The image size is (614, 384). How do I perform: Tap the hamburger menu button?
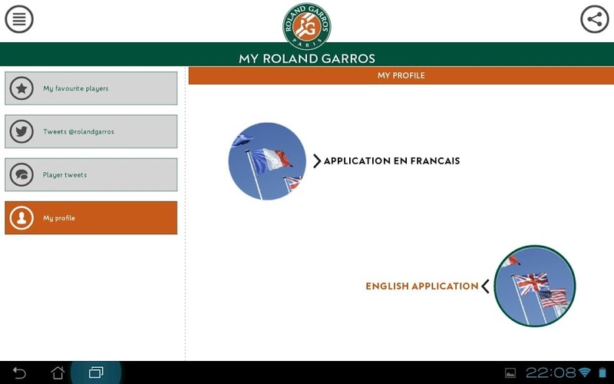(18, 18)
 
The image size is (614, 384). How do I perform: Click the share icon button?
(594, 18)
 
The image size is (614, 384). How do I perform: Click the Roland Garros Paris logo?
(306, 26)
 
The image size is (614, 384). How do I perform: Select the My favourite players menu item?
(91, 88)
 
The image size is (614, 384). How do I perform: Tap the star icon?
(21, 88)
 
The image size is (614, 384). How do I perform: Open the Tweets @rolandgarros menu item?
(91, 131)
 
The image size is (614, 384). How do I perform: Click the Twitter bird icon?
(21, 131)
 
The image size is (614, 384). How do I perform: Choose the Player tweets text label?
(64, 175)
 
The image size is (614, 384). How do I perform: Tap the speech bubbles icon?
(21, 175)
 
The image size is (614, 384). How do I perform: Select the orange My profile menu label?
(59, 218)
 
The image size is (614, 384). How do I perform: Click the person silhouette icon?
(21, 218)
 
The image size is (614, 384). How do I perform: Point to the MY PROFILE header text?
(401, 75)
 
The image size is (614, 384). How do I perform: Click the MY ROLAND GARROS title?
(307, 58)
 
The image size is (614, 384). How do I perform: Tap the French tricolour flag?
(270, 160)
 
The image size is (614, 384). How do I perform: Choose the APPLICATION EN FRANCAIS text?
(391, 161)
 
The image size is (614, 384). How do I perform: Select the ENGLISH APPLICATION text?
(421, 286)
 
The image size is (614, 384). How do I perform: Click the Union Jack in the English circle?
(531, 283)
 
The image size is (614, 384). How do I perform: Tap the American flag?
(553, 297)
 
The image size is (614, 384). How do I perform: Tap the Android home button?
(58, 372)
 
